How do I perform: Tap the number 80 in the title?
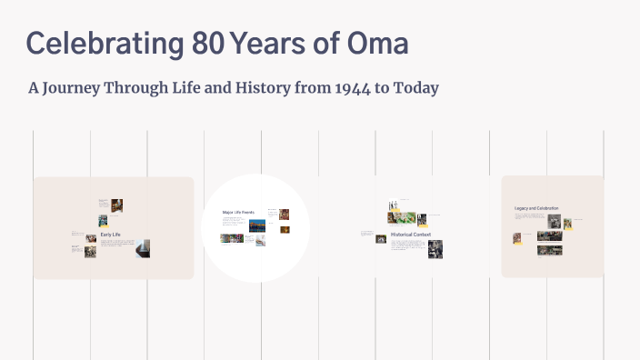pos(208,44)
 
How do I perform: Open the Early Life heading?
pos(111,235)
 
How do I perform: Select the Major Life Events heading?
pos(239,212)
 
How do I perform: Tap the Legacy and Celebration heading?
pos(536,208)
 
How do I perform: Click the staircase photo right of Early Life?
pos(143,248)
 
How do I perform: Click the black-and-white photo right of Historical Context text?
pos(435,249)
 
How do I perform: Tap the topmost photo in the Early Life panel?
pos(117,205)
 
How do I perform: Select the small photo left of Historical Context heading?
pos(380,238)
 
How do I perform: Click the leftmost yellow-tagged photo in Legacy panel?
pos(516,238)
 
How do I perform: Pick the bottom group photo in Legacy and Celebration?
pos(549,250)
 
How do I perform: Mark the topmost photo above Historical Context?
pos(393,205)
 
